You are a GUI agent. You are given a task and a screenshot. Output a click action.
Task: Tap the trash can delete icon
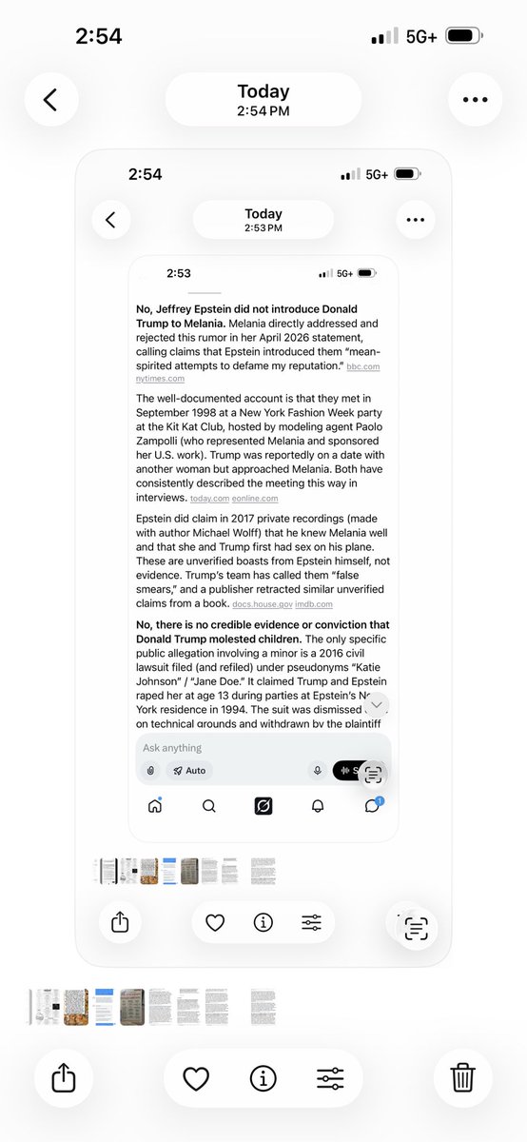coord(462,1077)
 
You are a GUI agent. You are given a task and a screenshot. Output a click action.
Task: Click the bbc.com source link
coord(364,366)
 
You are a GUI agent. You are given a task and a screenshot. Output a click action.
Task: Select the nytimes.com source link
coord(158,379)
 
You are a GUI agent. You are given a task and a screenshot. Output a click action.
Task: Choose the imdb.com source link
coord(314,604)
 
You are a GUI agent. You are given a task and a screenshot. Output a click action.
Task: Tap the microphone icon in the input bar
coord(317,771)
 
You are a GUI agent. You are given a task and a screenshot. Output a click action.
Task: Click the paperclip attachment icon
coord(150,771)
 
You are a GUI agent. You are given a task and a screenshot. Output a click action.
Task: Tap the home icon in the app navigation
coord(155,806)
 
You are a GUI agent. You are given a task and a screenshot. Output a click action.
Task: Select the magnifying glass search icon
coord(209,806)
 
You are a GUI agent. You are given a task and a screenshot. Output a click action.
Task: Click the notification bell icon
coord(318,806)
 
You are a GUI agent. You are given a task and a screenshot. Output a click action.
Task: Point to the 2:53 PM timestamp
coord(263,228)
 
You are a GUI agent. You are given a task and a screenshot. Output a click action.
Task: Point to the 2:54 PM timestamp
coord(263,110)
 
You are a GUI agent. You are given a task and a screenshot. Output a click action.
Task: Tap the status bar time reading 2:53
coord(179,273)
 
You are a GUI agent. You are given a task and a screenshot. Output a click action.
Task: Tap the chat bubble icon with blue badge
coord(372,806)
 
